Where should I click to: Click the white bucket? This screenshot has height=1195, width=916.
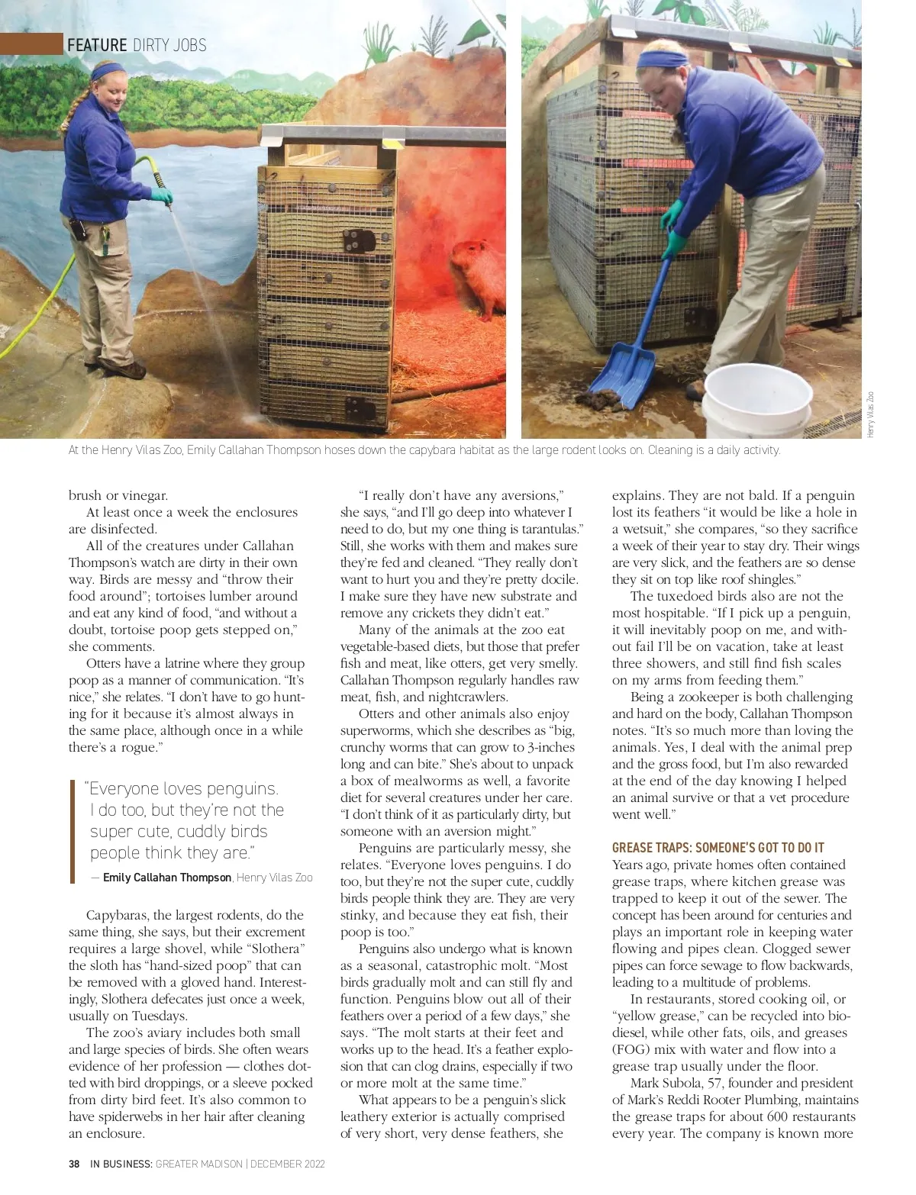(x=756, y=404)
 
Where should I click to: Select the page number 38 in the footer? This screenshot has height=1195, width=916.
(x=75, y=1164)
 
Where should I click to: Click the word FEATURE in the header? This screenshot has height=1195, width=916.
(x=97, y=45)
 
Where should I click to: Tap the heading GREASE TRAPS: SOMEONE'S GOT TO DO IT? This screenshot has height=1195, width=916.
(x=718, y=848)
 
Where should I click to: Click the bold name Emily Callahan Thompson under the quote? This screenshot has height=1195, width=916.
(x=167, y=878)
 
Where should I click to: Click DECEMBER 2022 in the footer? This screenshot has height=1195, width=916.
(x=288, y=1164)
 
